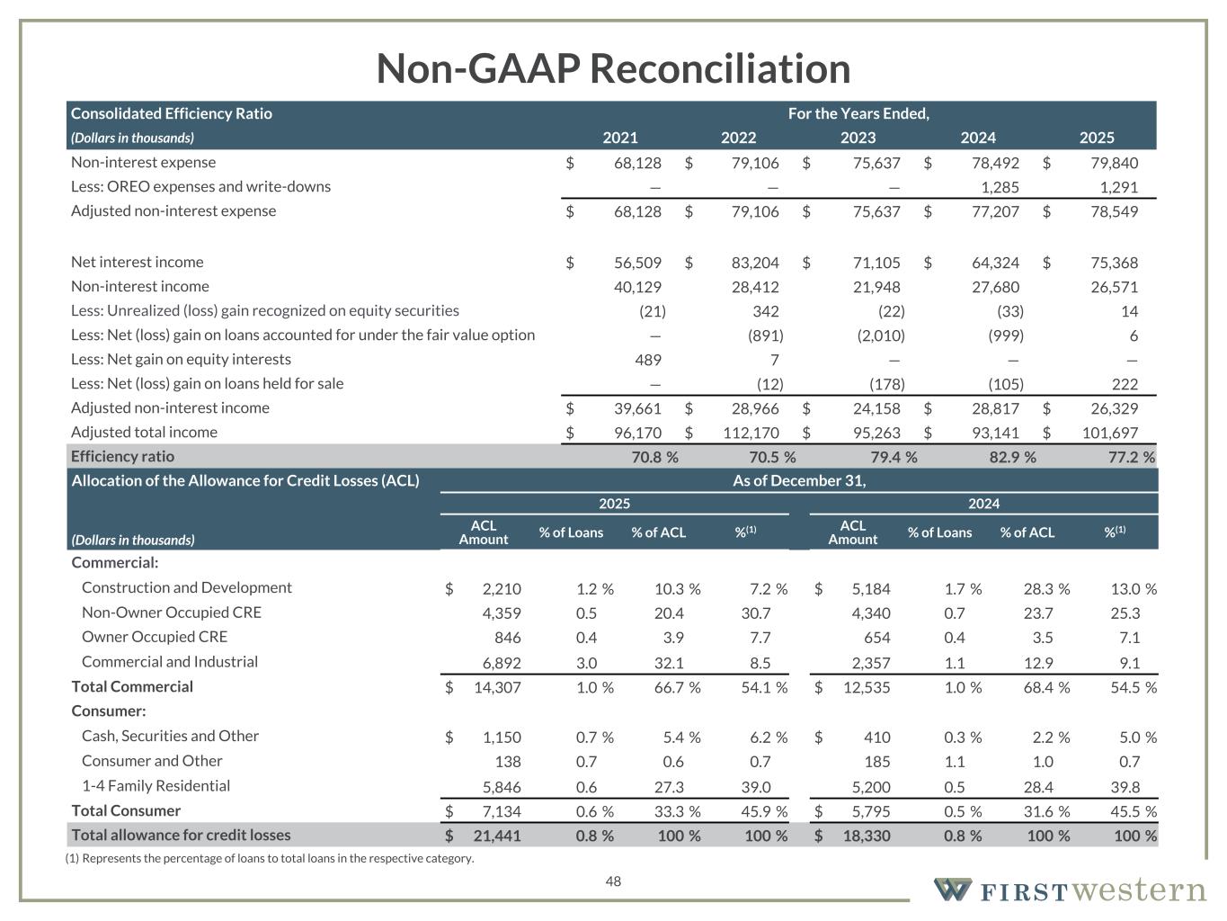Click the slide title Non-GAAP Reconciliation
point(613,68)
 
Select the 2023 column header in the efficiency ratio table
point(858,138)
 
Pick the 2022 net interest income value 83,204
point(755,263)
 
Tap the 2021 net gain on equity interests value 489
point(647,360)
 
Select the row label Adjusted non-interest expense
point(173,211)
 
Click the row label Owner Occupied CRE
point(155,637)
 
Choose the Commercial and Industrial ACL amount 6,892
point(502,662)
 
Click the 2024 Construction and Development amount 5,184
point(870,589)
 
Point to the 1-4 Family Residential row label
point(156,786)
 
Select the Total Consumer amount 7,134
point(502,811)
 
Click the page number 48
point(613,881)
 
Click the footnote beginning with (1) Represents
point(270,858)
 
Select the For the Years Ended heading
point(858,113)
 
